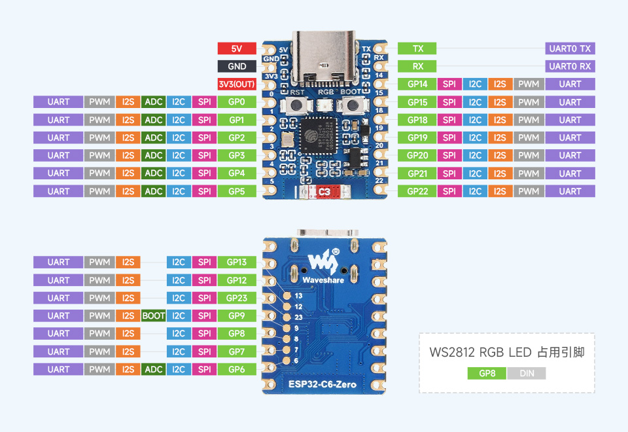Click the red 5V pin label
tap(237, 48)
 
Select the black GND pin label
tap(237, 66)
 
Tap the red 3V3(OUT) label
tap(237, 84)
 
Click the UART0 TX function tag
tap(570, 48)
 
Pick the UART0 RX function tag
tap(570, 66)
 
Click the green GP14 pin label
tap(417, 84)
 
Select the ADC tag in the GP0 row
tap(154, 102)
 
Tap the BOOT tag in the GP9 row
tap(154, 315)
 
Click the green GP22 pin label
tap(417, 191)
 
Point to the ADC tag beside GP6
tap(154, 369)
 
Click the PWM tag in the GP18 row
tap(529, 120)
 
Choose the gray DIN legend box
tap(526, 374)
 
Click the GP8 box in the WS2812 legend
tap(487, 374)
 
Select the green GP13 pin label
tap(237, 262)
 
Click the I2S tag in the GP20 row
tap(500, 155)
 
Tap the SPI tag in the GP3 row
tap(204, 155)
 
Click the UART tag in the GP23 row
tap(58, 298)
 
